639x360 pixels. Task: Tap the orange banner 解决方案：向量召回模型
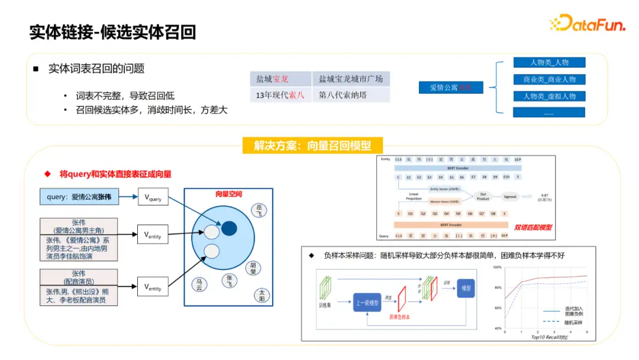pos(312,146)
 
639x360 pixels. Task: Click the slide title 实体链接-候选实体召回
pos(112,32)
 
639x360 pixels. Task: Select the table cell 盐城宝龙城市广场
pos(351,79)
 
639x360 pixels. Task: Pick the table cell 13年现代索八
pos(280,95)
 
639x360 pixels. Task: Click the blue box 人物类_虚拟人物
pos(549,96)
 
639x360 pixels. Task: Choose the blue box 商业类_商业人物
pos(549,79)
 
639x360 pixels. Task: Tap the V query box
pos(153,197)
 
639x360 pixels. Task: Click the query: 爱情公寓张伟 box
pos(79,197)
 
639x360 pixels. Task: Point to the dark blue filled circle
pos(230,228)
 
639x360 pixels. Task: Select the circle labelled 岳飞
pos(259,210)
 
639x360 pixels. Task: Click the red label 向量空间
pos(228,194)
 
